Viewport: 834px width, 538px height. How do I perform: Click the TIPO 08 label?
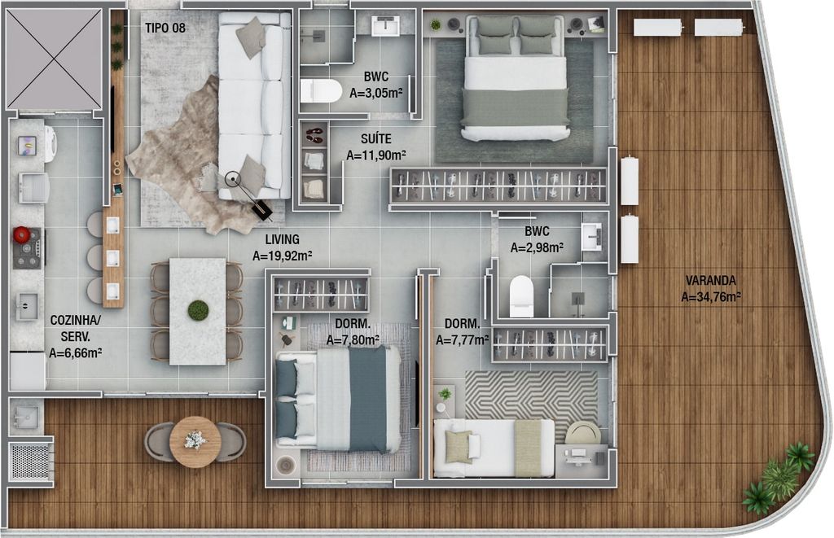point(165,28)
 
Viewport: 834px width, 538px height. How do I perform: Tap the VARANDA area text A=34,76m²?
point(711,296)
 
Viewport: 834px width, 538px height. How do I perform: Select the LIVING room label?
point(282,240)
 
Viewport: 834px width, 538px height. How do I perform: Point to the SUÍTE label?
point(376,139)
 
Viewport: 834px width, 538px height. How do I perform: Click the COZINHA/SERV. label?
point(75,328)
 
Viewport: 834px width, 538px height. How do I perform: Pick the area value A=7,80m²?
point(353,339)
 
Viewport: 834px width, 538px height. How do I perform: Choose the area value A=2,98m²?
point(537,247)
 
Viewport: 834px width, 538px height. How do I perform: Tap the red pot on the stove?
point(22,234)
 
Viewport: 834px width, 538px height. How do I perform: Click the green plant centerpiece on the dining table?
point(198,310)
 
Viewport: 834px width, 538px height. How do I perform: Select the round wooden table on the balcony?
point(195,442)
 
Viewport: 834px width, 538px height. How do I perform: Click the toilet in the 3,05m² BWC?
point(320,91)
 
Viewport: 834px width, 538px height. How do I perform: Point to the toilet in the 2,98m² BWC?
point(521,295)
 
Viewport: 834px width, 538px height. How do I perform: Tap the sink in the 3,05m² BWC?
point(385,25)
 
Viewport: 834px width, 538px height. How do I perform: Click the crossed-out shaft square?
point(54,59)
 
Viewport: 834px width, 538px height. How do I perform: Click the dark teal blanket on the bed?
point(367,399)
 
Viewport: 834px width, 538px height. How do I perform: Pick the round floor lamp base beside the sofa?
point(232,180)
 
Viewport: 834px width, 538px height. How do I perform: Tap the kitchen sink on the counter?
point(26,307)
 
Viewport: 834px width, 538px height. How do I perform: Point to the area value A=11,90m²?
point(376,155)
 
